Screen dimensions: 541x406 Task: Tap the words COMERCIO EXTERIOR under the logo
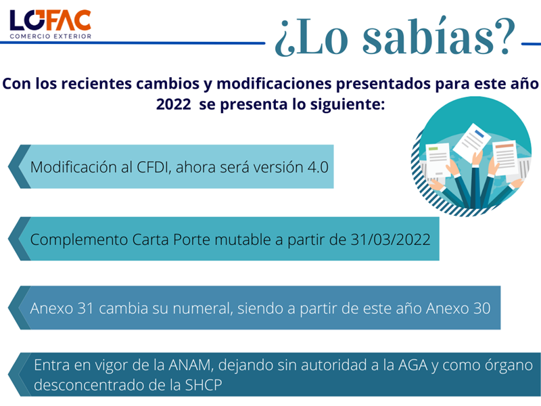pyautogui.click(x=51, y=37)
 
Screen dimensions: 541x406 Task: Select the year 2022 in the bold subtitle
pyautogui.click(x=173, y=104)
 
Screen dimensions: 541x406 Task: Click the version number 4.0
pyautogui.click(x=317, y=167)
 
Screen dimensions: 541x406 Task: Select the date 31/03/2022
pyautogui.click(x=391, y=240)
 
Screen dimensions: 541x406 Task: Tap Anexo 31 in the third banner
pyautogui.click(x=62, y=309)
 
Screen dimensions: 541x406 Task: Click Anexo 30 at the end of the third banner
pyautogui.click(x=458, y=309)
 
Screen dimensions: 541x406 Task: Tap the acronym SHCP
pyautogui.click(x=204, y=385)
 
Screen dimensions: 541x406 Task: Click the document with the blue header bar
pyautogui.click(x=471, y=141)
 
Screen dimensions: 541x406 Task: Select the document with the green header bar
pyautogui.click(x=438, y=160)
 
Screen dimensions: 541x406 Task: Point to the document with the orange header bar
pyautogui.click(x=505, y=158)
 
